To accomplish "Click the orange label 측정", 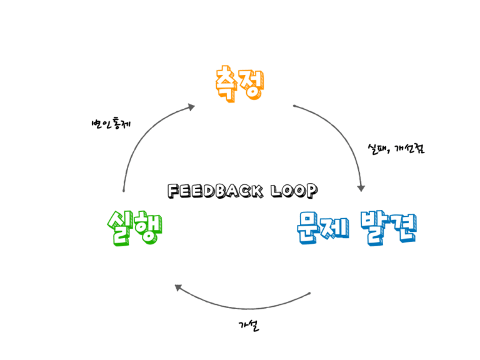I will point(240,84).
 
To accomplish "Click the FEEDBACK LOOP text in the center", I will point(242,189).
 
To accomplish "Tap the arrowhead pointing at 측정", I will point(191,107).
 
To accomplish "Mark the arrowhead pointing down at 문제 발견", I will point(361,187).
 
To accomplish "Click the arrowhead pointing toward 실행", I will point(179,287).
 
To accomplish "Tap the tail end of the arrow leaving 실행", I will point(124,189).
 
